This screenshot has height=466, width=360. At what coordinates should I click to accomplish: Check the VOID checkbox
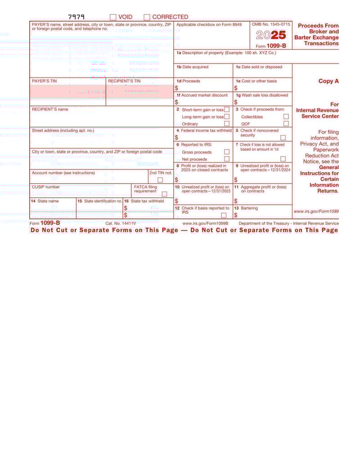113,17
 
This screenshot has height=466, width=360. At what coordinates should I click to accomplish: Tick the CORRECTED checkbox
147,17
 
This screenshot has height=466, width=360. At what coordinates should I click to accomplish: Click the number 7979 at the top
76,17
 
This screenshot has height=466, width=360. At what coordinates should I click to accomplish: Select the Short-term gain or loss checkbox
227,109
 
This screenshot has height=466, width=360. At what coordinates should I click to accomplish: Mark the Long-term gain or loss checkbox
227,117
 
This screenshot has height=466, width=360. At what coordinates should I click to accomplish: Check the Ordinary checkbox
227,123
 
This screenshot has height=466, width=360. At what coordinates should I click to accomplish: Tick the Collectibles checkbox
286,117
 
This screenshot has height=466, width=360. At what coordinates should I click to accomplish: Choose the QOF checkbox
286,123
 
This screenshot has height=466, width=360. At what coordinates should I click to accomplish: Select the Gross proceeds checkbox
227,152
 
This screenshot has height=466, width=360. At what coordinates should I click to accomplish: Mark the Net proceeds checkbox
227,159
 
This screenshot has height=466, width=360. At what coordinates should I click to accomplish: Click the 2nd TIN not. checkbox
160,180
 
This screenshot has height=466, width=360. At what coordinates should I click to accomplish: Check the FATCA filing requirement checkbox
164,194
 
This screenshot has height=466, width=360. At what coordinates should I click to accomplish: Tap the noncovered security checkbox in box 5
283,138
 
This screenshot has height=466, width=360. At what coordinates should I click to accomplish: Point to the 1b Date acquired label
192,67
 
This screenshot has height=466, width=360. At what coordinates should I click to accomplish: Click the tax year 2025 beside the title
271,35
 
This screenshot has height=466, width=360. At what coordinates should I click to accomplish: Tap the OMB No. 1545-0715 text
271,24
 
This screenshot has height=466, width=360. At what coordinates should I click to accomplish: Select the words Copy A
328,81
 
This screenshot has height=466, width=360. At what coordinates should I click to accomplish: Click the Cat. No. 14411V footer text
121,223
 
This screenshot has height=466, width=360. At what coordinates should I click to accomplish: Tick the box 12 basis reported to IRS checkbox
224,215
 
